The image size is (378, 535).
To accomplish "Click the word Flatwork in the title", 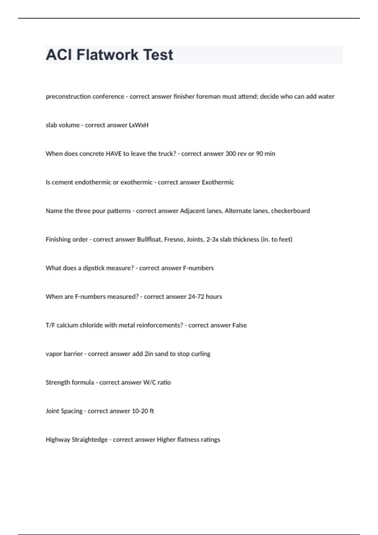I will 107,55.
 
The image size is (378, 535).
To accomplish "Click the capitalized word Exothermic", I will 218,182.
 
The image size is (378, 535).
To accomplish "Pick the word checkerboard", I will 290,211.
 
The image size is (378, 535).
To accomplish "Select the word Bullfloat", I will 150,239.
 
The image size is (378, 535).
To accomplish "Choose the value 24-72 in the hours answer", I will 196,297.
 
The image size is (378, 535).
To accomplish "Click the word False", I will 239,325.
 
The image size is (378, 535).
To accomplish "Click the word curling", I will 201,354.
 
